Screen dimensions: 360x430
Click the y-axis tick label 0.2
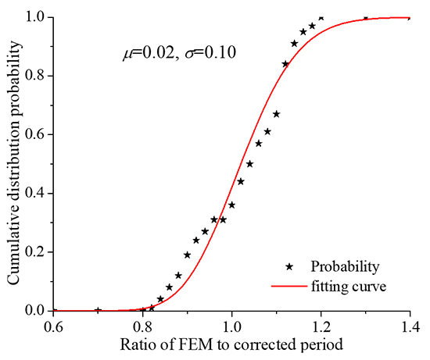36,251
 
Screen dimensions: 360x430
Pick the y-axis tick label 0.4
36,193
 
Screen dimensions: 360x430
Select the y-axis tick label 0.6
36,134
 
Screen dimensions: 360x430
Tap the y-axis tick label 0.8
36,76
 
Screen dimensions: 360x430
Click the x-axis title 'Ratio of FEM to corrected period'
231,343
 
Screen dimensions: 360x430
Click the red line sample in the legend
288,287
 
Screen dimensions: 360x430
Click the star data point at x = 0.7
98,310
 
